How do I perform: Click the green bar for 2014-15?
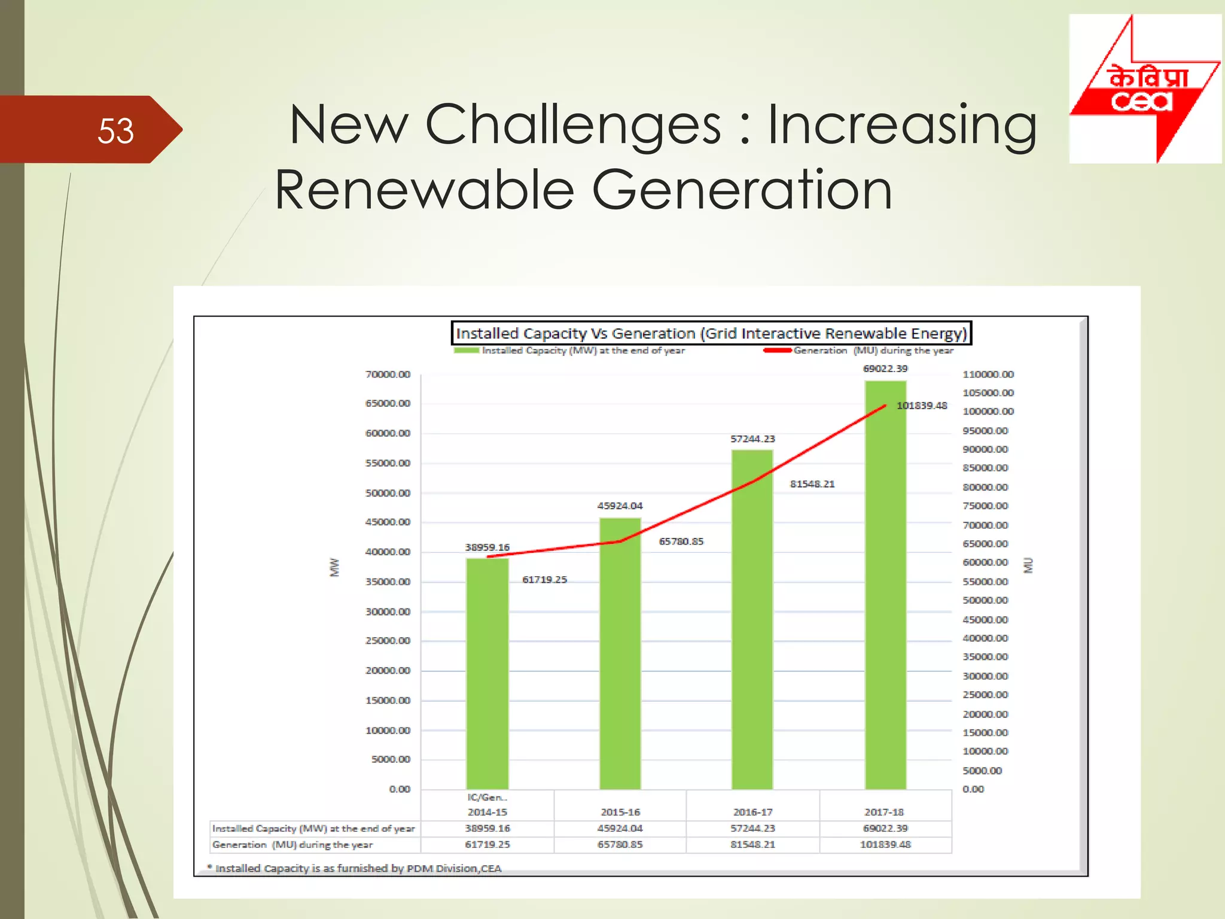[487, 673]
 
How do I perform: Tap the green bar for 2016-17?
[752, 619]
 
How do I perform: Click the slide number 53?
[115, 130]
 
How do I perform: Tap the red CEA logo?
[1144, 89]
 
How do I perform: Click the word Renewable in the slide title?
[424, 190]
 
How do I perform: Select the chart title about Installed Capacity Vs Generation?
[711, 333]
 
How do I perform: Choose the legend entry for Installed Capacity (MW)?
[583, 351]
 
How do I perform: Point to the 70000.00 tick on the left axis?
[388, 375]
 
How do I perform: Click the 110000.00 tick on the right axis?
[988, 375]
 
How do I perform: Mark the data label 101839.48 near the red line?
[921, 406]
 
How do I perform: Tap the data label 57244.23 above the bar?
[752, 439]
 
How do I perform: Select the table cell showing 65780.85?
[620, 844]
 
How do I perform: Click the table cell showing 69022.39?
[885, 828]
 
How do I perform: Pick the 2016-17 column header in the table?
[752, 812]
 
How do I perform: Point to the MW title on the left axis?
[334, 567]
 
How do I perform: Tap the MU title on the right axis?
[1028, 565]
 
